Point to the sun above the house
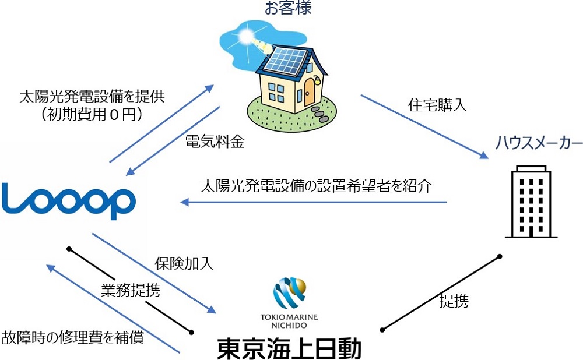coord(246,37)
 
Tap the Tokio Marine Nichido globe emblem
coord(289,295)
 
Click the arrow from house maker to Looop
coord(315,202)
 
